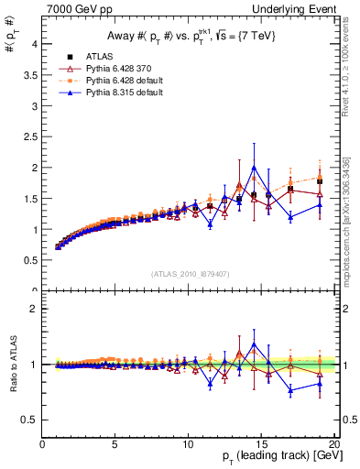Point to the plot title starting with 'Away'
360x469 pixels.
click(x=189, y=36)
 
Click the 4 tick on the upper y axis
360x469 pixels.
click(x=36, y=44)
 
